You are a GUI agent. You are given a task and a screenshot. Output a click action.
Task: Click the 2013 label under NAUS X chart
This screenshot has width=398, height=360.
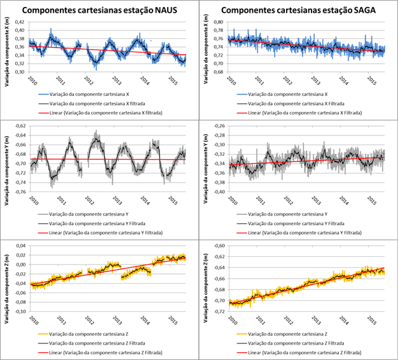point(117,80)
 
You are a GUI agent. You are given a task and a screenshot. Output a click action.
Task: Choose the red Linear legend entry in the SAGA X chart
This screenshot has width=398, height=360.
point(310,111)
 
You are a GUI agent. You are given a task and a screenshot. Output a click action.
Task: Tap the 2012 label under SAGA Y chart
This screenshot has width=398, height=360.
point(288,200)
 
